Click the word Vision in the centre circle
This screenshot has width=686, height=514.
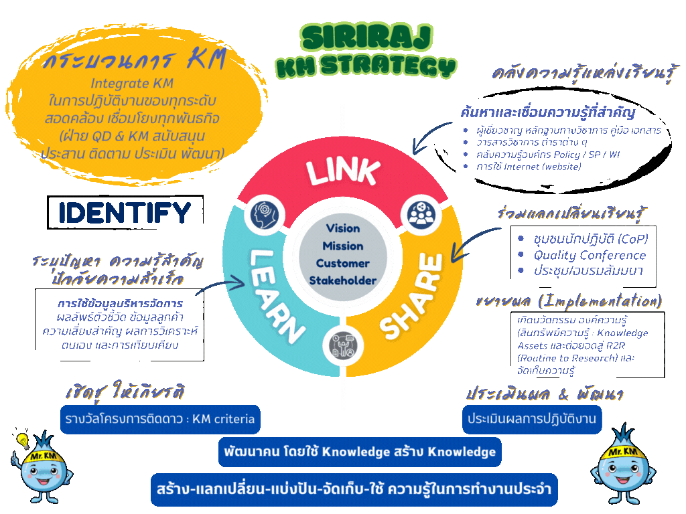pyautogui.click(x=343, y=228)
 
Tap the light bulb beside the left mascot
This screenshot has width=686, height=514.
pyautogui.click(x=22, y=441)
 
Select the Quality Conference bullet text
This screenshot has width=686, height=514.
pyautogui.click(x=590, y=255)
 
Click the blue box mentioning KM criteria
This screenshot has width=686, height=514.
pyautogui.click(x=159, y=420)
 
